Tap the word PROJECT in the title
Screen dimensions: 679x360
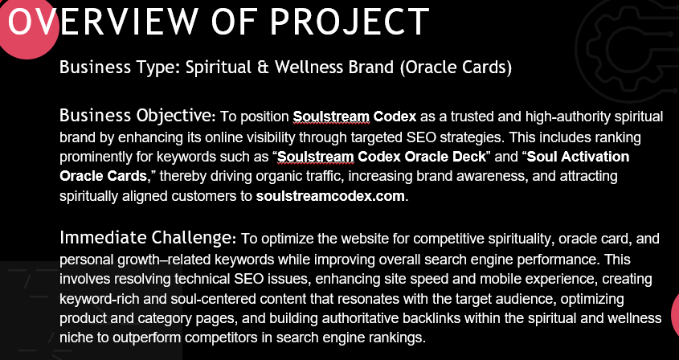(350, 22)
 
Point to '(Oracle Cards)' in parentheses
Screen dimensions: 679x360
(456, 67)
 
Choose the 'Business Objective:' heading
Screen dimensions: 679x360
(137, 116)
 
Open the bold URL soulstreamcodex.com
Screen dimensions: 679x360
(330, 196)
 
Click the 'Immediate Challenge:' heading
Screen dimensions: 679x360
(148, 238)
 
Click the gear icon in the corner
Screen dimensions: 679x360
(628, 46)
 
